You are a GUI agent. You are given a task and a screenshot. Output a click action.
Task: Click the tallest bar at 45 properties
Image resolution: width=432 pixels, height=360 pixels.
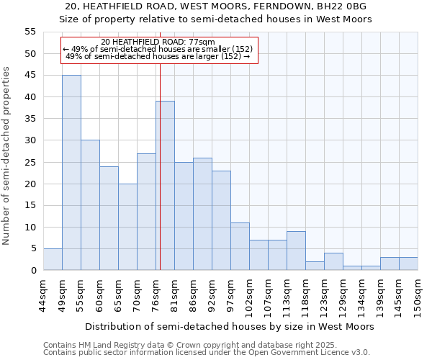pos(71,173)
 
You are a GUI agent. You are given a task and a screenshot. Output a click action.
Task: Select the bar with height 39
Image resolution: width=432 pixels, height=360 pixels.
pos(165,186)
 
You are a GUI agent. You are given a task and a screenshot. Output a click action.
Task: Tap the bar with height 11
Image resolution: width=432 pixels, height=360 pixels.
pos(240,246)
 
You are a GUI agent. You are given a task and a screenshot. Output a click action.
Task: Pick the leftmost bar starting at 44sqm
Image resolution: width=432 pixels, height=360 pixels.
pos(53,259)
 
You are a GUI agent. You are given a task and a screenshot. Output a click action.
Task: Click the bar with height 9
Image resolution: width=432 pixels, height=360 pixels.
pos(296,251)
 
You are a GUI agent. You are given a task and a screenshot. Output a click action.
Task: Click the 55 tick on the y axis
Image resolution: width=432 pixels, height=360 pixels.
pos(30,32)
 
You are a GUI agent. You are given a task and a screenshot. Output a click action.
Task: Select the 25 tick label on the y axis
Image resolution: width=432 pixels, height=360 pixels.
pos(30,162)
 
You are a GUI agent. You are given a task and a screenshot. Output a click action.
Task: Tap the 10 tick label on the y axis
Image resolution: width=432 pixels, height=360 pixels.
pos(30,227)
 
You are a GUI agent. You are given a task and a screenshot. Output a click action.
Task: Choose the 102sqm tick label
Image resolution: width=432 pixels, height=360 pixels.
pos(249,294)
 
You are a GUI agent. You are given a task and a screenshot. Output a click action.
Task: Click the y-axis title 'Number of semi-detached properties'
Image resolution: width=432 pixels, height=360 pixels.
pos(7,156)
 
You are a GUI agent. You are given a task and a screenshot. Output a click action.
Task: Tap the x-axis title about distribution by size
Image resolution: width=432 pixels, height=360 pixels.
pos(230,326)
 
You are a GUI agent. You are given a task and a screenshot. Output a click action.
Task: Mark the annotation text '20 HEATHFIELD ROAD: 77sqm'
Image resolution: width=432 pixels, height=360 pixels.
pos(158,42)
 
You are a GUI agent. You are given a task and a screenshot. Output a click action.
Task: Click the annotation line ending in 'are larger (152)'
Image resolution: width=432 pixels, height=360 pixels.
pos(158,56)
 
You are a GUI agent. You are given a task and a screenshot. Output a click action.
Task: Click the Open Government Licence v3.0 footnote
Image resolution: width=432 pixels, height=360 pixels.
pos(207,352)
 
